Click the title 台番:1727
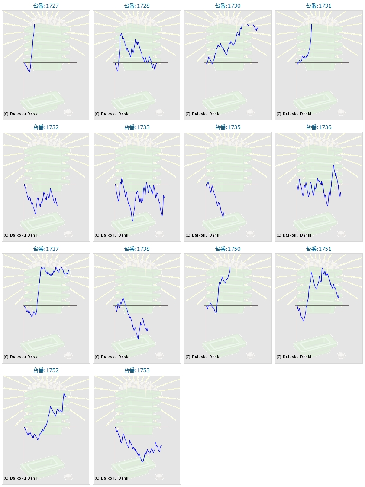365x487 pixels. point(46,6)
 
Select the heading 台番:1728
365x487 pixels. point(137,6)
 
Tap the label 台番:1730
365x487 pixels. point(228,6)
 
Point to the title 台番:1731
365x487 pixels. point(319,6)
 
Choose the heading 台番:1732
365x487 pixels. point(46,127)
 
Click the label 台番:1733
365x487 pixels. point(137,127)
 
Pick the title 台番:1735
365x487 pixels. point(228,127)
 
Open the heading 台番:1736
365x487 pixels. point(319,127)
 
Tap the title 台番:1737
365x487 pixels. point(46,249)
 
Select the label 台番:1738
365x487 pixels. point(137,249)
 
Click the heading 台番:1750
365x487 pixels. point(228,249)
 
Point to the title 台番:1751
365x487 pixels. point(319,249)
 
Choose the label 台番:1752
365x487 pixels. point(46,370)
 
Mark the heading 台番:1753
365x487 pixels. point(137,370)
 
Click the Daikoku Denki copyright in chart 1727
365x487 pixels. point(22,114)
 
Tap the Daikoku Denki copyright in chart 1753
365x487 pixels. point(113,478)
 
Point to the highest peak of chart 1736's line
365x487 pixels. point(333,165)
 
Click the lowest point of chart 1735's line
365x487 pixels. point(223,218)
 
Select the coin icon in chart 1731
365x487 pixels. point(341,112)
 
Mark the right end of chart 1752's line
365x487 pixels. point(66,396)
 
